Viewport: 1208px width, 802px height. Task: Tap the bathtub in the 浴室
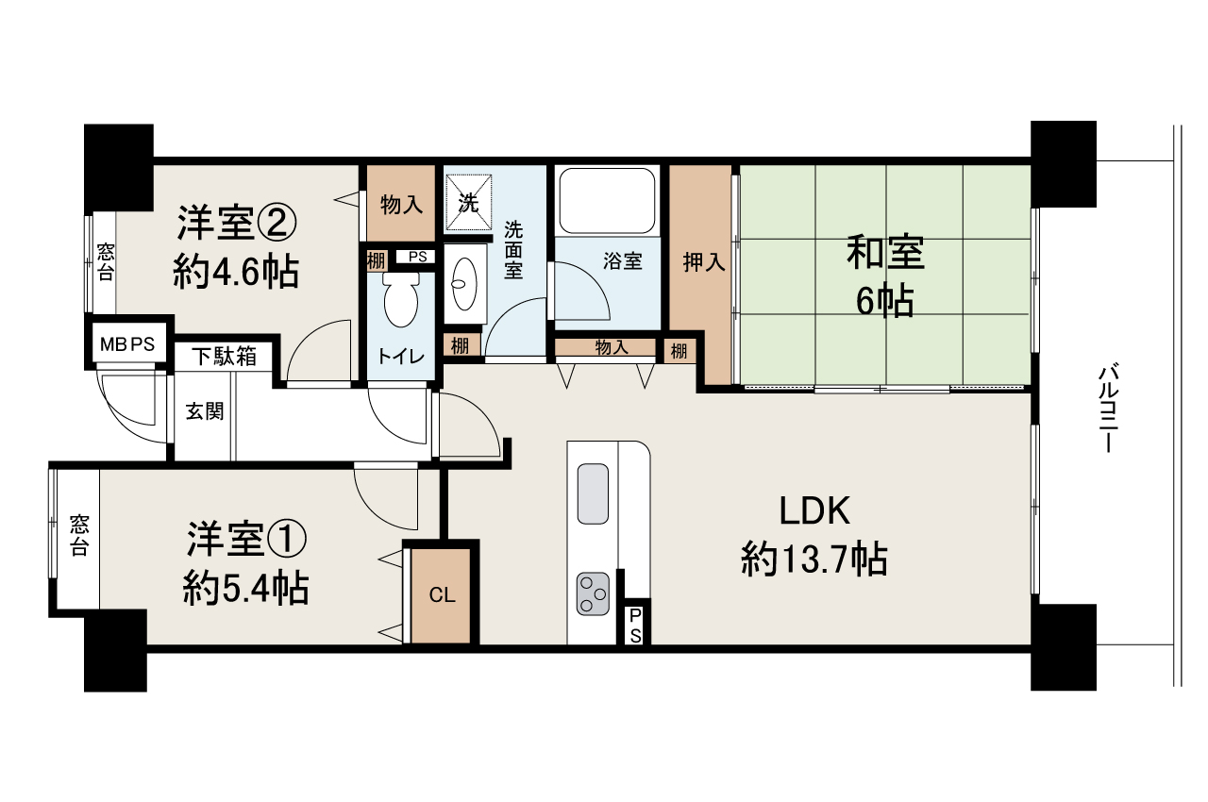point(606,200)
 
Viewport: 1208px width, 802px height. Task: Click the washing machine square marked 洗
point(469,201)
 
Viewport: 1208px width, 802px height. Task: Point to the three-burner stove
point(592,593)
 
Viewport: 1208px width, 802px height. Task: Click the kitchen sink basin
point(593,493)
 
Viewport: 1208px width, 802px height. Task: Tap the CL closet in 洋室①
point(442,595)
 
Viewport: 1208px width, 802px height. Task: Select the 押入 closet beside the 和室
point(703,263)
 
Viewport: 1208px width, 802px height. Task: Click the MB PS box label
point(126,343)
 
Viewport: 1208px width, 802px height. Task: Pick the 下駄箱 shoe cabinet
point(224,357)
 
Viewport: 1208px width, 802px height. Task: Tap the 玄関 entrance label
point(204,411)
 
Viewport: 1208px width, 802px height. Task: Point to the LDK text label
point(814,512)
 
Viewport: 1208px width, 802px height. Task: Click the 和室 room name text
point(884,254)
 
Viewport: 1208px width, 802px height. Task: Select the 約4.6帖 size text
point(236,273)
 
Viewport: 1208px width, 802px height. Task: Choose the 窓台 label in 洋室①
point(78,536)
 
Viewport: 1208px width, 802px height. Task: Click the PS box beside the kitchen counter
point(635,624)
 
